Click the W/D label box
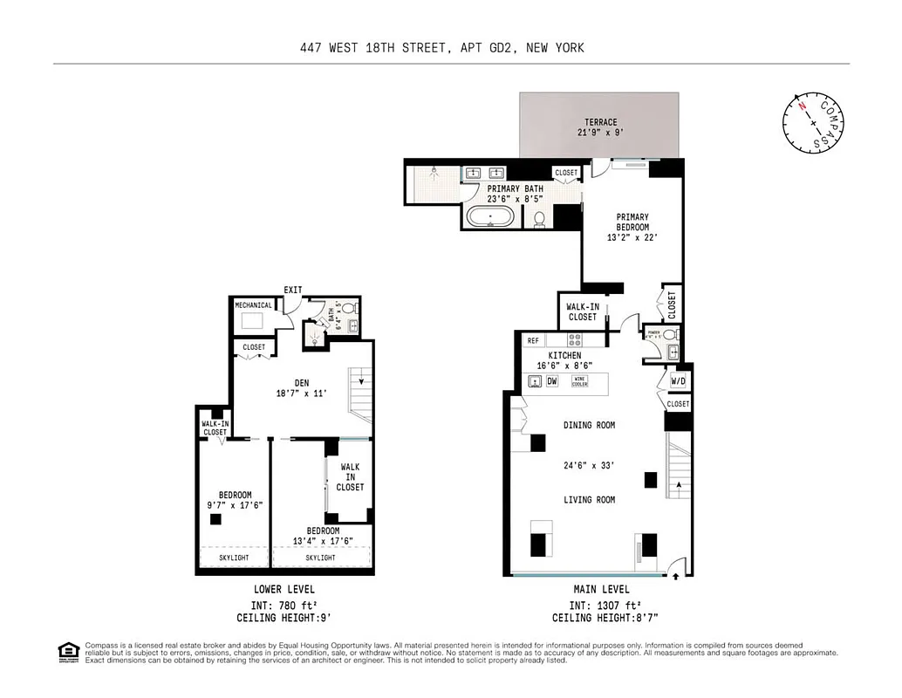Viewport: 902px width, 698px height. click(x=679, y=381)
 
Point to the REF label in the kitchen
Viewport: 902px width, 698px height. click(x=532, y=341)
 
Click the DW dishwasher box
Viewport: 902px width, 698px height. click(x=551, y=381)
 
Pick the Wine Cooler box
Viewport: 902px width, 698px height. click(x=580, y=381)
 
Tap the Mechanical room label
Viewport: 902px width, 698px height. click(x=253, y=305)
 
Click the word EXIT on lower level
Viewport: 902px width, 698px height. click(x=293, y=290)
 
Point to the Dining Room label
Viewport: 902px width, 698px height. click(x=589, y=426)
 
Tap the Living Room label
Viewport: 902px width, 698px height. click(x=589, y=500)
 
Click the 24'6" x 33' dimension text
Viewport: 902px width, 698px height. click(x=589, y=465)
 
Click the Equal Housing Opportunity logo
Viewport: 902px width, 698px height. click(x=67, y=652)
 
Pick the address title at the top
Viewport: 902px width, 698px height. click(x=441, y=48)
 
